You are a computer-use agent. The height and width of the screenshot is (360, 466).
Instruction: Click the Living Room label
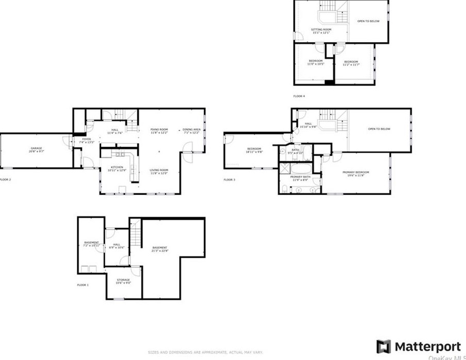point(159,171)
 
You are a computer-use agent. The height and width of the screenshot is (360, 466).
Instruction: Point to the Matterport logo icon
point(383,347)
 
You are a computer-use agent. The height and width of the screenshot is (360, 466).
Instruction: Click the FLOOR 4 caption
point(299,96)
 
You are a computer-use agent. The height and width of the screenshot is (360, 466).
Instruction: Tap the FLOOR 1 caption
point(83,285)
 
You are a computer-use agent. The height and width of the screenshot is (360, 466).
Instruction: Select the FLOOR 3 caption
point(229,180)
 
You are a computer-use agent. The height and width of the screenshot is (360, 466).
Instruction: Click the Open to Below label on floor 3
point(379,129)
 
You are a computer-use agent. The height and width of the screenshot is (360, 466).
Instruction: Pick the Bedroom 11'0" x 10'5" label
point(315,62)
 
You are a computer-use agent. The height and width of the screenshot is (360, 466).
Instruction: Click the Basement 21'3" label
point(159,250)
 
